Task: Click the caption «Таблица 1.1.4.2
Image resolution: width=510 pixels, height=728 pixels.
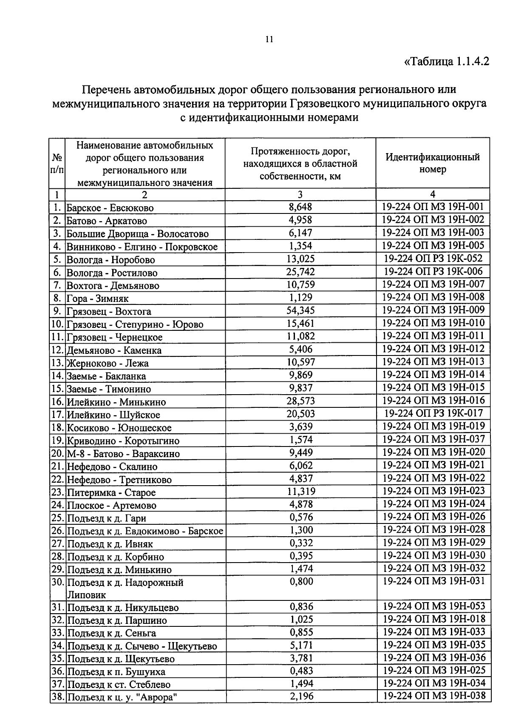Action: click(x=446, y=61)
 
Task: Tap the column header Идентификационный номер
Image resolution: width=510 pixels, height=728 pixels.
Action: click(x=433, y=163)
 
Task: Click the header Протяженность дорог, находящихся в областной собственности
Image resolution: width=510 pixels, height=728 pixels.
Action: click(x=300, y=164)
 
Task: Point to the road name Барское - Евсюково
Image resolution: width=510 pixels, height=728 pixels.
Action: click(x=110, y=208)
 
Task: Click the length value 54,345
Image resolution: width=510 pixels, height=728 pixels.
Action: click(x=300, y=310)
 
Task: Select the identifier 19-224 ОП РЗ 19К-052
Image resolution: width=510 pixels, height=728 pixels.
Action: click(x=433, y=259)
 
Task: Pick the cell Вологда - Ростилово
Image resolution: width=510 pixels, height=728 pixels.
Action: click(x=112, y=273)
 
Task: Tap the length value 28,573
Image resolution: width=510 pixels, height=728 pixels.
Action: click(x=300, y=401)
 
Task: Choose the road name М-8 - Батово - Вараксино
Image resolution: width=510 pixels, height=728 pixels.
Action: click(x=123, y=454)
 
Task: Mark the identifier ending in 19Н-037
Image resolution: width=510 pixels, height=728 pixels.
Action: click(x=433, y=439)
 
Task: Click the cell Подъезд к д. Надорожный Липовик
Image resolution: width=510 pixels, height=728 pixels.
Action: click(x=125, y=589)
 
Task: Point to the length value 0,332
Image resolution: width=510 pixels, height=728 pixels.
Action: click(x=301, y=543)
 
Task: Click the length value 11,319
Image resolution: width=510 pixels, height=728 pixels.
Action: click(x=301, y=492)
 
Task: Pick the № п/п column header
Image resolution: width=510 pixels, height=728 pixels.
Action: click(x=57, y=164)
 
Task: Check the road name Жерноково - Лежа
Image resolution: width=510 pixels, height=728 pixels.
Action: click(x=108, y=363)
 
